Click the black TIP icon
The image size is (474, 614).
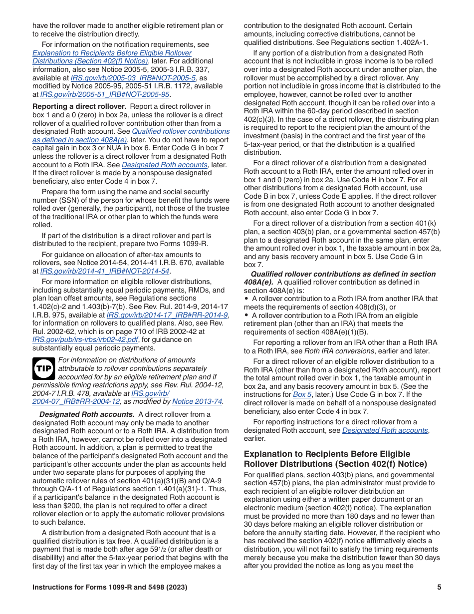tap(43, 369)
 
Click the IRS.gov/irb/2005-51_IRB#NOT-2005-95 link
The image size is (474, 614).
tap(105, 94)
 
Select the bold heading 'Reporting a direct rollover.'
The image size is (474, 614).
tap(79, 106)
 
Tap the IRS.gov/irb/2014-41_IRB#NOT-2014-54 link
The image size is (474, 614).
tap(105, 271)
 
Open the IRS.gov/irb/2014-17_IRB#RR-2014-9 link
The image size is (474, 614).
tap(167, 315)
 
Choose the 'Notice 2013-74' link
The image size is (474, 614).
tap(197, 402)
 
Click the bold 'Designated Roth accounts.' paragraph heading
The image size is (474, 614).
tap(87, 414)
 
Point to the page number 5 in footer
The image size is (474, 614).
tap(439, 588)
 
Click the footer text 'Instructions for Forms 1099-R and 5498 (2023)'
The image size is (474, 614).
tap(110, 588)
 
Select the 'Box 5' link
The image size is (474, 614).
tap(302, 395)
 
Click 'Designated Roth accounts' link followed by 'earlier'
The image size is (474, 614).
tap(385, 430)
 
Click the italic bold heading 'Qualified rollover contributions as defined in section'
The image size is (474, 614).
tap(343, 274)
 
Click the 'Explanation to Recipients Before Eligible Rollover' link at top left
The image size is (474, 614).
tap(112, 53)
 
